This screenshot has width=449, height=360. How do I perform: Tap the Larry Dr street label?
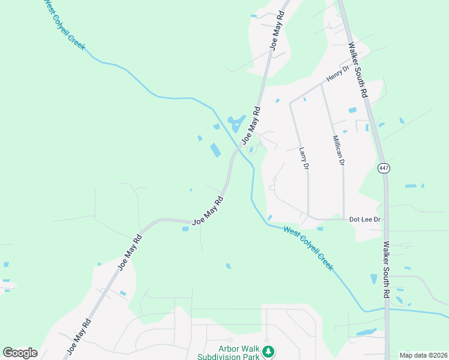tap(304, 157)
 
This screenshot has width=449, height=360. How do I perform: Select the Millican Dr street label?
tap(338, 150)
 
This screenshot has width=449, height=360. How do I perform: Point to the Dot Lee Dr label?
tap(365, 220)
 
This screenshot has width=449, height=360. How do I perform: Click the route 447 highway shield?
tap(384, 169)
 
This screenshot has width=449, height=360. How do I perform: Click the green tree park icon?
tap(270, 350)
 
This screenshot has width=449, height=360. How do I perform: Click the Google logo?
tap(20, 353)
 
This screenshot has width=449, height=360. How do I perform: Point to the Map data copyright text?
tap(423, 355)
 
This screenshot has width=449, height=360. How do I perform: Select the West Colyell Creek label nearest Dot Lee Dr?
tap(308, 248)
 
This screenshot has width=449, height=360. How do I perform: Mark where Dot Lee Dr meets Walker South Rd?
tap(386, 220)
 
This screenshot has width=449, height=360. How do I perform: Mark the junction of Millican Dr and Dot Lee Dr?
tap(344, 219)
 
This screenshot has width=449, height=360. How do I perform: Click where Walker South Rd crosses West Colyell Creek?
tap(387, 310)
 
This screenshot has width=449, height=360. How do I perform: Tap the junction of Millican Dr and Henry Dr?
tap(321, 83)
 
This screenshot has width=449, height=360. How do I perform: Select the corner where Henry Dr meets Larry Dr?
tap(291, 103)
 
